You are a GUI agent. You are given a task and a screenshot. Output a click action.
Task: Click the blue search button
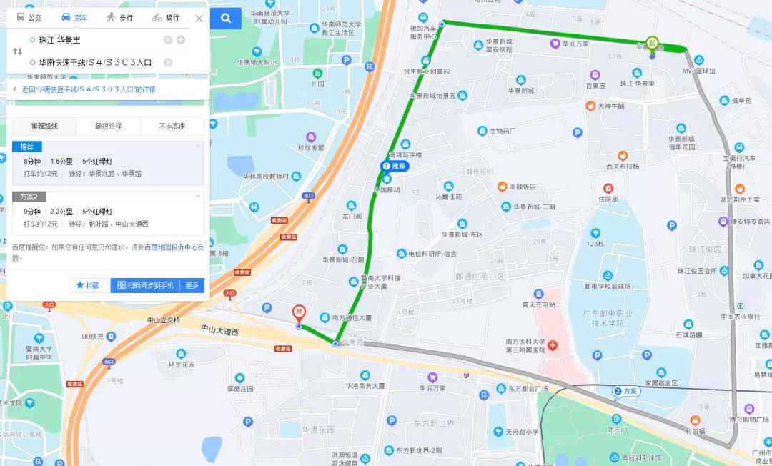click(x=226, y=18)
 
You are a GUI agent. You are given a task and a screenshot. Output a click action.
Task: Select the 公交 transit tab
click(x=29, y=18)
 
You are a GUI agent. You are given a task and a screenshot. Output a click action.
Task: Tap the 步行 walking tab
click(x=119, y=18)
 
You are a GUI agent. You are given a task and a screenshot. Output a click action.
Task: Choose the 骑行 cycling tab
click(x=166, y=18)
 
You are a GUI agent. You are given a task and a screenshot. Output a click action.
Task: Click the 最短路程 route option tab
click(x=108, y=127)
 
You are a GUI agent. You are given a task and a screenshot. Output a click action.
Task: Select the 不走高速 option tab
click(x=172, y=127)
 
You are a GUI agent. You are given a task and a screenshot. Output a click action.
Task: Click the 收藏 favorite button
click(x=87, y=285)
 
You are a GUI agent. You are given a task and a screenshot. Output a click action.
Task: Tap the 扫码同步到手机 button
click(x=145, y=285)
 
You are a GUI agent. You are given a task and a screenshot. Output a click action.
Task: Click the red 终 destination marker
click(x=300, y=313)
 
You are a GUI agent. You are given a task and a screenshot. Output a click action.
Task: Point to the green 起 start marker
click(x=652, y=43)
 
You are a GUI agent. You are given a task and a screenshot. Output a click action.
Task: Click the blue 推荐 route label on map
click(x=394, y=167)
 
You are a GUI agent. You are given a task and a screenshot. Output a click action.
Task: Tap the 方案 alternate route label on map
click(x=626, y=391)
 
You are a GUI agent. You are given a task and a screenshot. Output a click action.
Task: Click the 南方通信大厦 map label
click(x=351, y=317)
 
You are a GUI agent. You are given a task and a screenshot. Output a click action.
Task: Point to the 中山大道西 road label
click(x=219, y=329)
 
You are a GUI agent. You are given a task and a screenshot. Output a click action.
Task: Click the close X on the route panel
click(x=199, y=19)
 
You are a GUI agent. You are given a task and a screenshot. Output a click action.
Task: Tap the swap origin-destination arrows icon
click(x=18, y=51)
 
